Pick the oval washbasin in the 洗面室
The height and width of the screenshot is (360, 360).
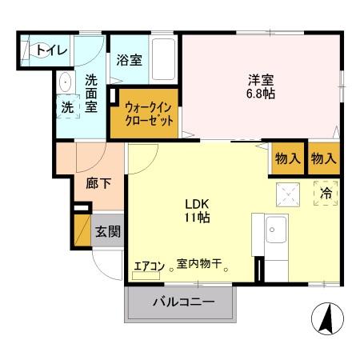[x=63, y=82]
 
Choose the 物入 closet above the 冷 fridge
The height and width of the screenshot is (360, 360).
[x=324, y=158]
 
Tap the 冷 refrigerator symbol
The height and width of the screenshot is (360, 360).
[x=326, y=193]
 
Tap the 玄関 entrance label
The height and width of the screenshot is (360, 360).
[x=108, y=232]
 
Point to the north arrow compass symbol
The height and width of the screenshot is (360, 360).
[x=326, y=320]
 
